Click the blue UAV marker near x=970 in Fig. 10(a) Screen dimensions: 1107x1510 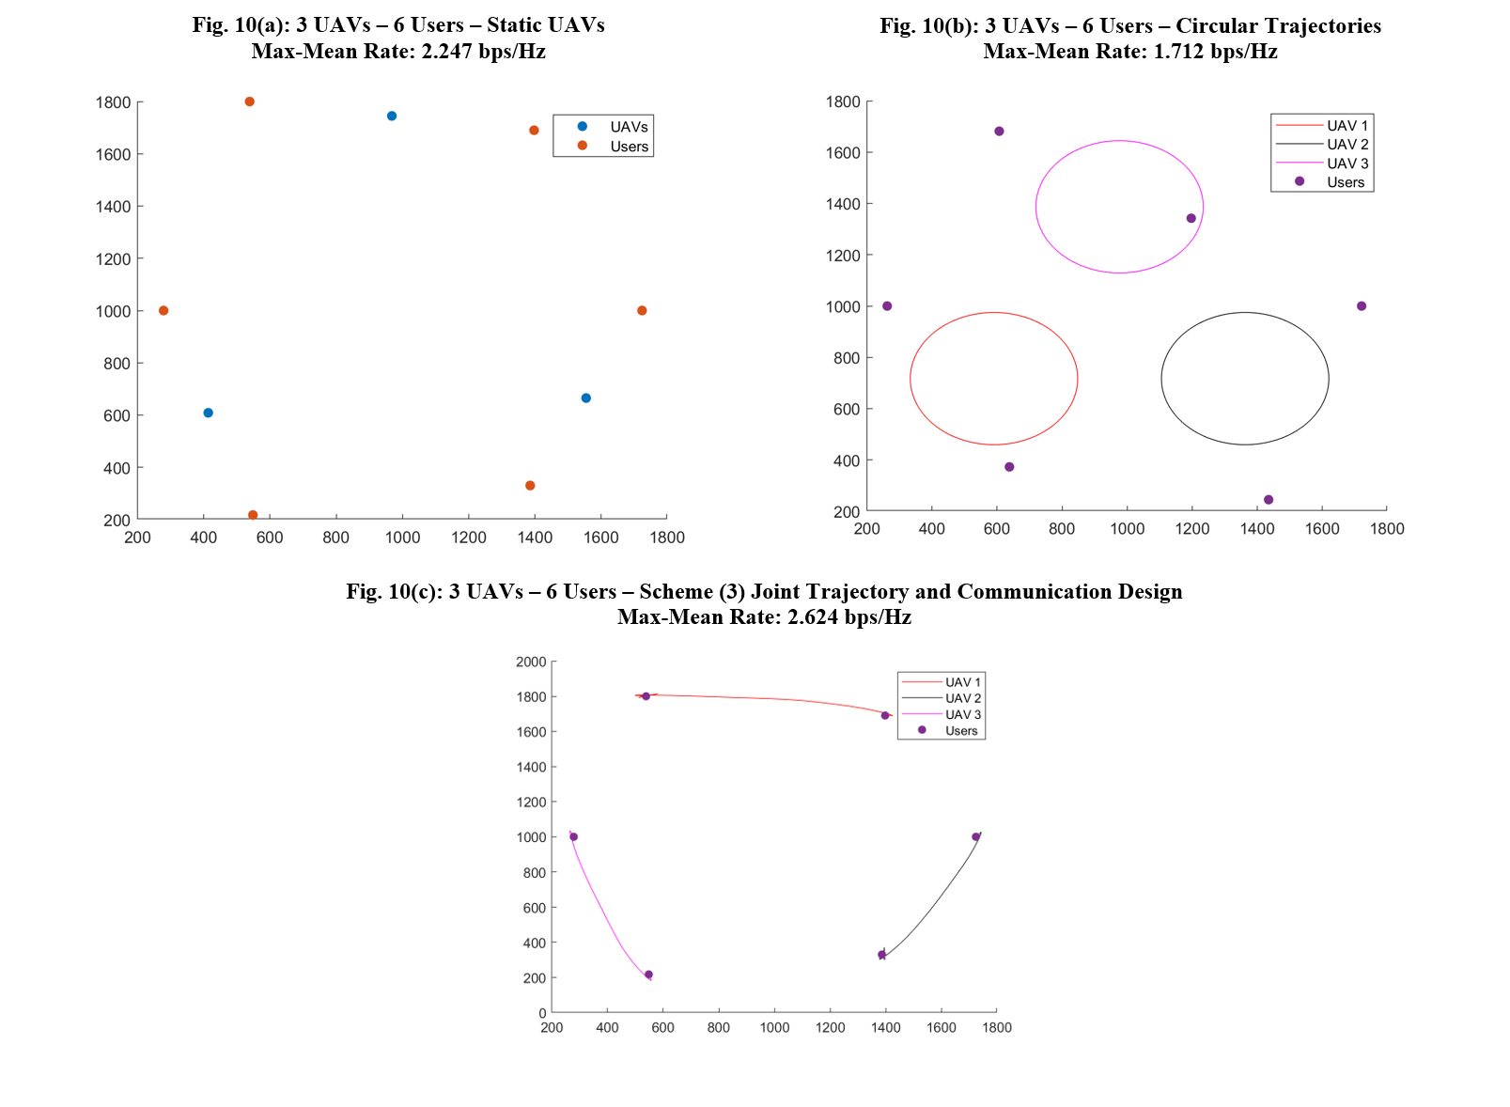[392, 117]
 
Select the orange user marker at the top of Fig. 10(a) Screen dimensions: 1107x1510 [250, 101]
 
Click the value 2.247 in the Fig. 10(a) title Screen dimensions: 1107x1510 [448, 52]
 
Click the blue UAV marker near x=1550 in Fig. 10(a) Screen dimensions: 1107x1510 [586, 398]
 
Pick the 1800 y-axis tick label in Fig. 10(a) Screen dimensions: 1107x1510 [114, 102]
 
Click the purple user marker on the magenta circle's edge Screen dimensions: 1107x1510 [1191, 219]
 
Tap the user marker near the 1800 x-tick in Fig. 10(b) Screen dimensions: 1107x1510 [1362, 306]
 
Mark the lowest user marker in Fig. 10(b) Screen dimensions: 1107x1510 [1269, 500]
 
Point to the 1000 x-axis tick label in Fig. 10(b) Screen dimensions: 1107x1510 [1127, 529]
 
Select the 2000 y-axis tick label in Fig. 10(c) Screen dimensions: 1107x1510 [531, 662]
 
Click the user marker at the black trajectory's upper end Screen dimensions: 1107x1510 [976, 837]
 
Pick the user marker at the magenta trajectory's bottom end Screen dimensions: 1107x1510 [648, 975]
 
